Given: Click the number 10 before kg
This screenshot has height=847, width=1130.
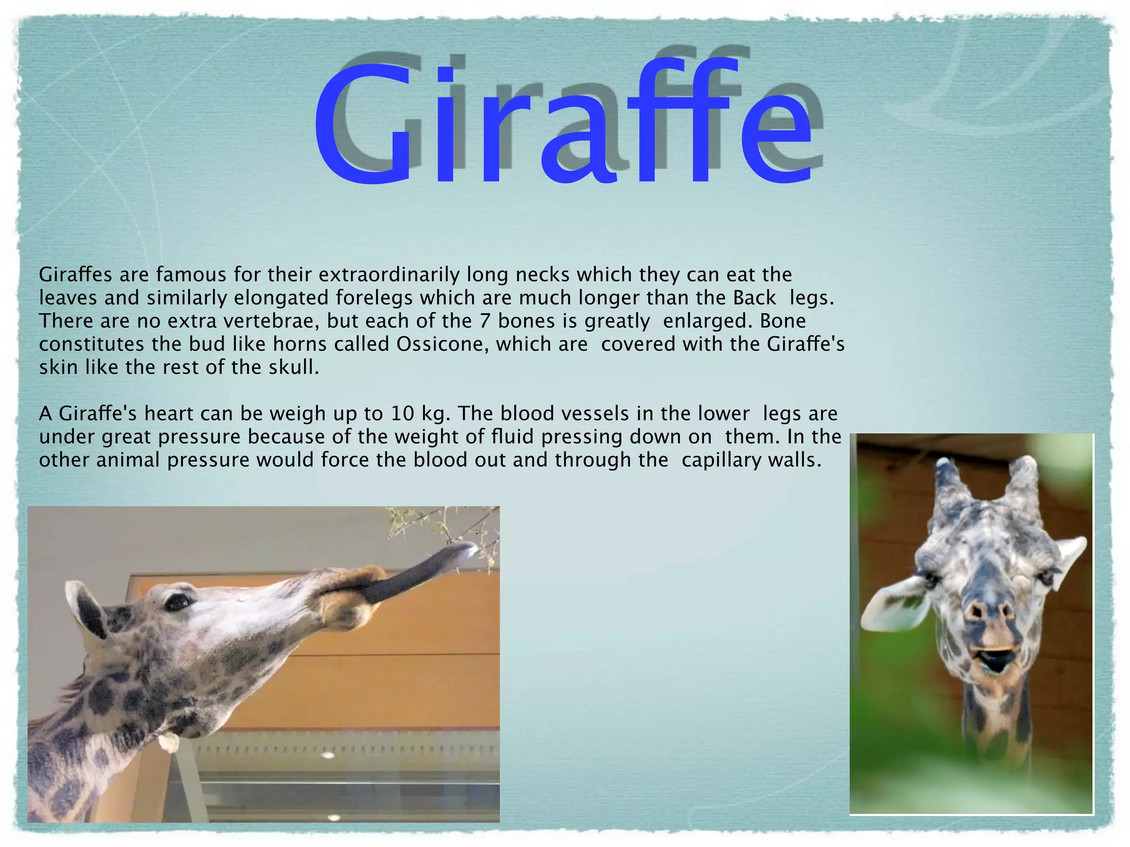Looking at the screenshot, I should point(402,413).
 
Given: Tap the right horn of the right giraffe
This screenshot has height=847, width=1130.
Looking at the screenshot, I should point(1025,480).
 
